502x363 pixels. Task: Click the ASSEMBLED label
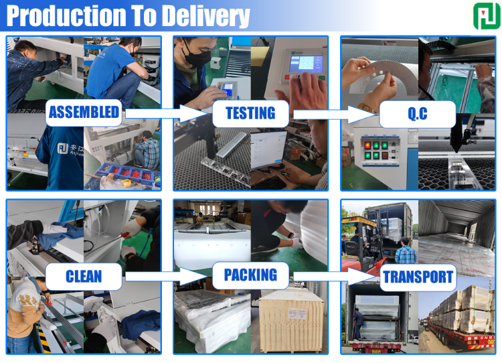point(84,113)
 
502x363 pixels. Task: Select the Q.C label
point(417,115)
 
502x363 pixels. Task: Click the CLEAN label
point(84,275)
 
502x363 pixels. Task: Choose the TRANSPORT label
point(418,277)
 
